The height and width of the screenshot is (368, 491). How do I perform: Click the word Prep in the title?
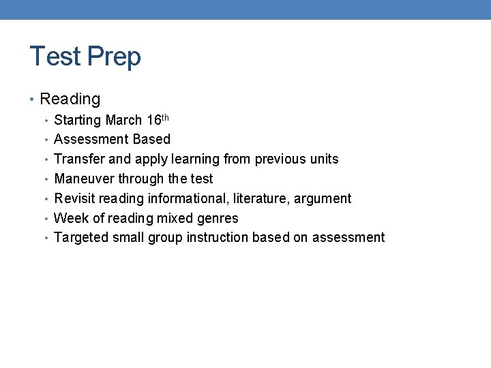tap(113, 57)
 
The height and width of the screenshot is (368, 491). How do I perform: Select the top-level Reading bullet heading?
tap(70, 99)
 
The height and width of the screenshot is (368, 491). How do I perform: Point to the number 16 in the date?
tap(153, 121)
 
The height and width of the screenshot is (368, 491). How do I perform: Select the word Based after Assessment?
tap(151, 140)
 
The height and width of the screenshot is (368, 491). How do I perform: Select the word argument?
tap(323, 200)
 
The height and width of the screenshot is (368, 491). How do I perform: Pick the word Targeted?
tap(81, 238)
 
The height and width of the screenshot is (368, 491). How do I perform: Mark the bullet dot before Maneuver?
tap(46, 179)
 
